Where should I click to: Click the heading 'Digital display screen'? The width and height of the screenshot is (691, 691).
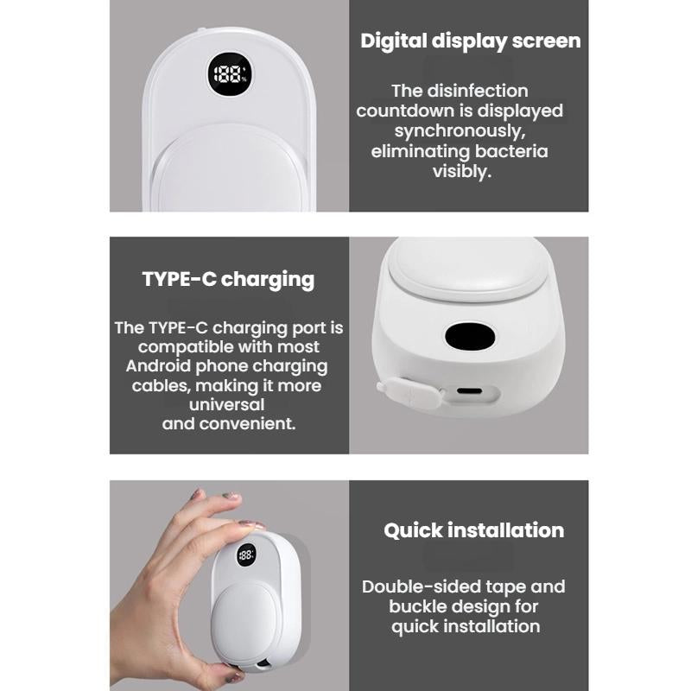470,41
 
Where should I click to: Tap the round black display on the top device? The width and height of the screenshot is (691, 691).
230,74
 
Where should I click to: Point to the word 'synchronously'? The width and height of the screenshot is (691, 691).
460,131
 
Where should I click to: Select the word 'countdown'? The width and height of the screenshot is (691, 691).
405,111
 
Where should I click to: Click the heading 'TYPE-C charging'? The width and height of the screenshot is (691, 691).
228,280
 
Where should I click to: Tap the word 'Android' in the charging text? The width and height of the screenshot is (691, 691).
158,365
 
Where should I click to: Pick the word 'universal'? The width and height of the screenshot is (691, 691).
226,404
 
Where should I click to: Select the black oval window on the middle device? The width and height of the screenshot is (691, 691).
470,337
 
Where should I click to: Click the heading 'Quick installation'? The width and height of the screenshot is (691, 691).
473,530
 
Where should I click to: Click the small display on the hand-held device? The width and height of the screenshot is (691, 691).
246,555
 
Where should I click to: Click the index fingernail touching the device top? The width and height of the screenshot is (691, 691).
251,525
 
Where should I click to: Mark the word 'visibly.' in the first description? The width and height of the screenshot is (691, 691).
462,171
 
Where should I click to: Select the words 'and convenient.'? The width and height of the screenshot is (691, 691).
229,424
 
